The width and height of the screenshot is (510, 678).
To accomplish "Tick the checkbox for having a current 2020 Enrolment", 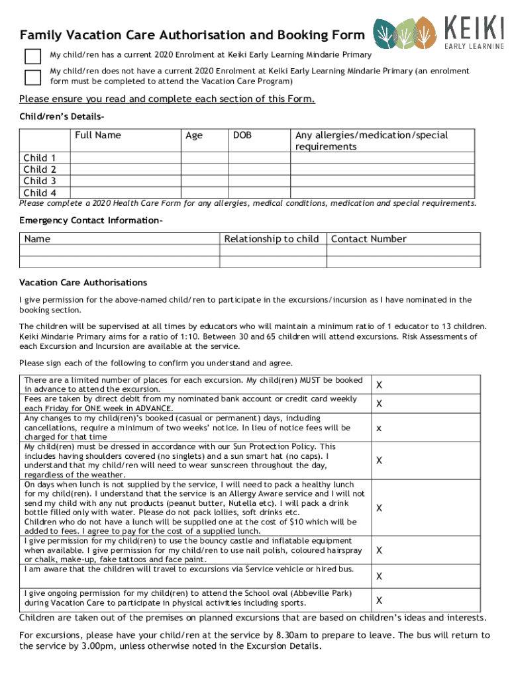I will click(x=32, y=56).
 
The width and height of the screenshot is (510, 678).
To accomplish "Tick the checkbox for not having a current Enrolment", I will click(x=32, y=77).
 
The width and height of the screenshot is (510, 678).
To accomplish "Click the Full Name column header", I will click(x=98, y=135).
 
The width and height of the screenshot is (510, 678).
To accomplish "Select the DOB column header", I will click(x=242, y=135).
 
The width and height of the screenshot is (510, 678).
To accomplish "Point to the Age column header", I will click(x=194, y=135).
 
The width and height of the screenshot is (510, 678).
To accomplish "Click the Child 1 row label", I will click(x=40, y=158).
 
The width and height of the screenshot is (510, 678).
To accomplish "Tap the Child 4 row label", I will click(x=40, y=193).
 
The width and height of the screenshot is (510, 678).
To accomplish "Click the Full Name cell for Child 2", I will click(x=125, y=169).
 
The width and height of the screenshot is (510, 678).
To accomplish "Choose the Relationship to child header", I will click(x=272, y=239).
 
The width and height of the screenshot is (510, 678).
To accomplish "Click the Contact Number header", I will click(x=369, y=239).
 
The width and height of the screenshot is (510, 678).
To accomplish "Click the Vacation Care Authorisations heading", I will click(x=83, y=283).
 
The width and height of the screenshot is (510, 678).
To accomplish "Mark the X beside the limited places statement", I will click(x=380, y=385).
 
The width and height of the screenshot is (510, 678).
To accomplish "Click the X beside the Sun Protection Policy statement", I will click(x=380, y=460).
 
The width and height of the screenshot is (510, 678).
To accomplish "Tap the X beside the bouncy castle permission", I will click(x=380, y=550).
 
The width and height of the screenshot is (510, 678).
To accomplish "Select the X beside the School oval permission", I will click(x=380, y=601).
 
